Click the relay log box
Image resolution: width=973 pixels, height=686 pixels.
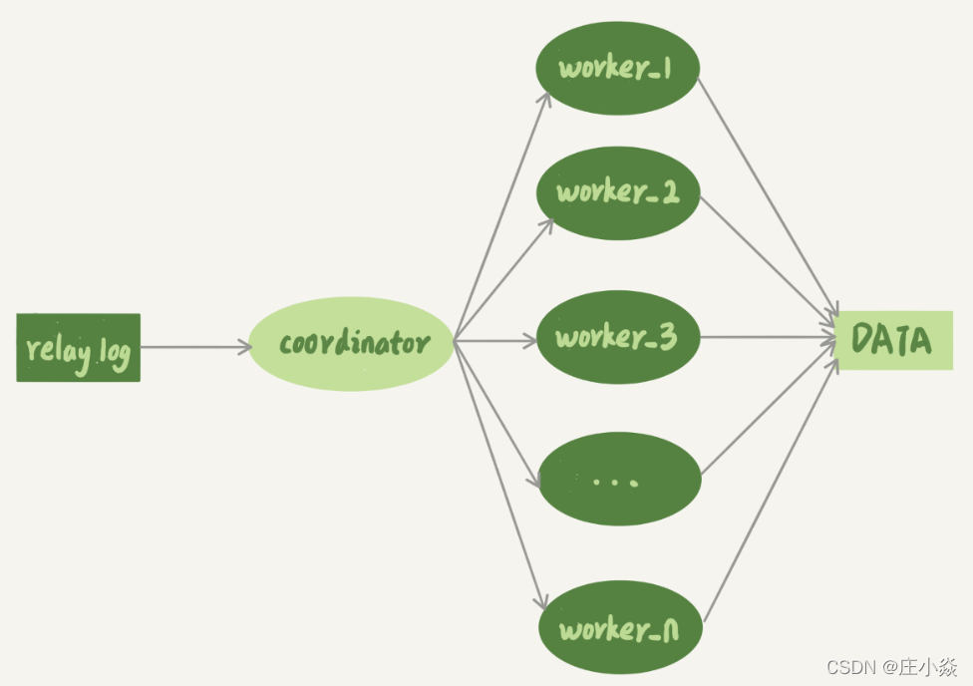(x=78, y=348)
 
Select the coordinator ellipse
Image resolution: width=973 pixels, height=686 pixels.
(x=351, y=344)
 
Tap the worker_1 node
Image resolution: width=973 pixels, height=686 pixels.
(x=617, y=68)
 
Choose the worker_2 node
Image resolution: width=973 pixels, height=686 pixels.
(x=617, y=192)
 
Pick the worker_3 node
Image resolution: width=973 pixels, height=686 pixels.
(x=617, y=338)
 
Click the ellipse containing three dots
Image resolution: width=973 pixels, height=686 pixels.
(x=619, y=480)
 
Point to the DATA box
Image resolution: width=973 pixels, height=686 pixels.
(x=894, y=340)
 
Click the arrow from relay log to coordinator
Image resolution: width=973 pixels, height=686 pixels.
(x=195, y=347)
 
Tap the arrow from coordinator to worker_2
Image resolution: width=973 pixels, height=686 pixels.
(x=502, y=280)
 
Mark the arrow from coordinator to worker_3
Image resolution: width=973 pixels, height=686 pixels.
(x=495, y=340)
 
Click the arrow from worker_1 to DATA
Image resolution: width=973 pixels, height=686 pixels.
(x=768, y=199)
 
